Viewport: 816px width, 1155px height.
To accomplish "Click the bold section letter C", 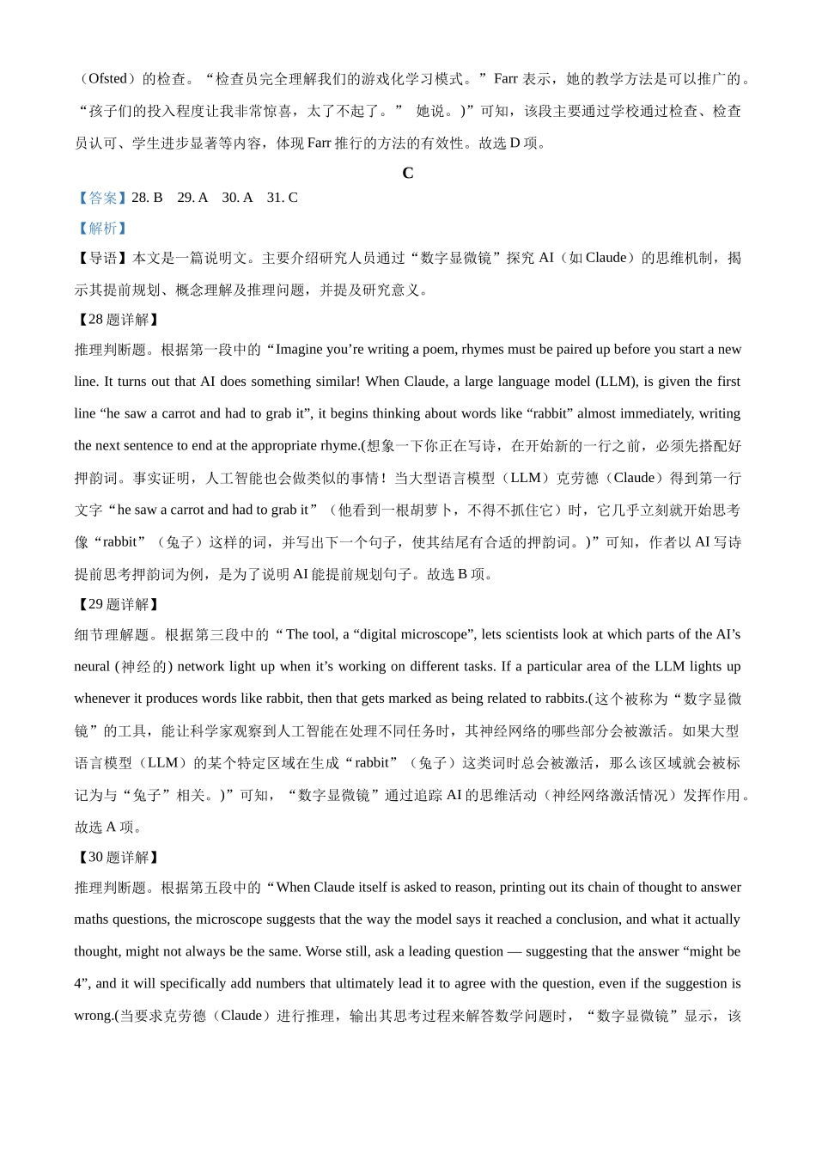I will pyautogui.click(x=408, y=173).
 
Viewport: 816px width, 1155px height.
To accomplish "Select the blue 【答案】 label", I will pyautogui.click(x=102, y=198).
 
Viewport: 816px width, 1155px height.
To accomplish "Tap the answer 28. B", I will pyautogui.click(x=147, y=198).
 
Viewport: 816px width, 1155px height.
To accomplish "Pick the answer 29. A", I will pyautogui.click(x=192, y=198).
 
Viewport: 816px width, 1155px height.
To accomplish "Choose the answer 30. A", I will pyautogui.click(x=237, y=198).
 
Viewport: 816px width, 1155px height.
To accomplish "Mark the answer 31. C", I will pyautogui.click(x=283, y=198).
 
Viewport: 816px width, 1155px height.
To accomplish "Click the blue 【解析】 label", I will pyautogui.click(x=102, y=228).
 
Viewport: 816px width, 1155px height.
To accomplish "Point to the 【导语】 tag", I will pyautogui.click(x=102, y=258).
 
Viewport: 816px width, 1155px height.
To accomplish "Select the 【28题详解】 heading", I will pyautogui.click(x=118, y=320).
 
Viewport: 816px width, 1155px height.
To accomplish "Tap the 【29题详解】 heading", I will pyautogui.click(x=118, y=605).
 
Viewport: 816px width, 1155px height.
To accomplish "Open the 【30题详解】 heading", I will pyautogui.click(x=118, y=858).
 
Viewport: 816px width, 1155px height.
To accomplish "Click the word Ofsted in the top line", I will pyautogui.click(x=107, y=79).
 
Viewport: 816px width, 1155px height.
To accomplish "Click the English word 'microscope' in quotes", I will pyautogui.click(x=436, y=635).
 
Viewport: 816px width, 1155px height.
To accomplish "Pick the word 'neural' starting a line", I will pyautogui.click(x=92, y=667).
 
